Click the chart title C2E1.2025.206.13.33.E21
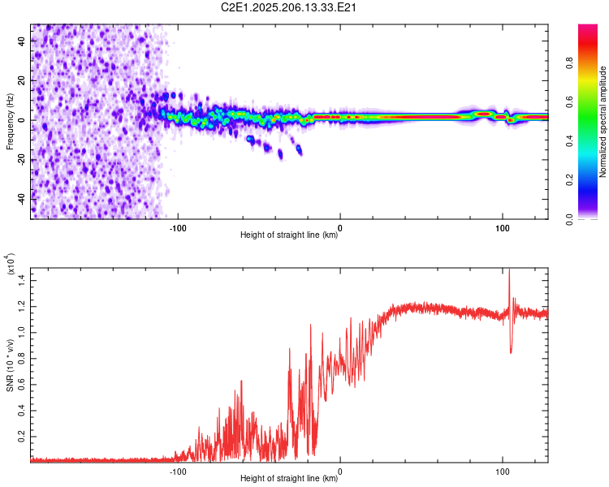click(288, 7)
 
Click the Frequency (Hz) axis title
click(10, 122)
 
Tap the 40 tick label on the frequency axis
click(21, 41)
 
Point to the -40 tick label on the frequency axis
click(21, 200)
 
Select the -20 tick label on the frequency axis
click(21, 160)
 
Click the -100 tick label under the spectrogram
click(178, 228)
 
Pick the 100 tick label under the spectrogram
click(502, 228)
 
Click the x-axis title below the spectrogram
click(289, 235)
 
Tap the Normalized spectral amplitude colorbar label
click(603, 122)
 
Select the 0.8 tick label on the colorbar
click(569, 63)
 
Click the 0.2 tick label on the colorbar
click(569, 180)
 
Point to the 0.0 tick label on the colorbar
click(569, 219)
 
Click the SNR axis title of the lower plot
click(10, 365)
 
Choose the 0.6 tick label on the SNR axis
click(21, 385)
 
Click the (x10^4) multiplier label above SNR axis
click(11, 264)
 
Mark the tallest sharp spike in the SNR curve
click(509, 269)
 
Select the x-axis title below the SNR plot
click(289, 478)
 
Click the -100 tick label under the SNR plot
click(178, 472)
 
